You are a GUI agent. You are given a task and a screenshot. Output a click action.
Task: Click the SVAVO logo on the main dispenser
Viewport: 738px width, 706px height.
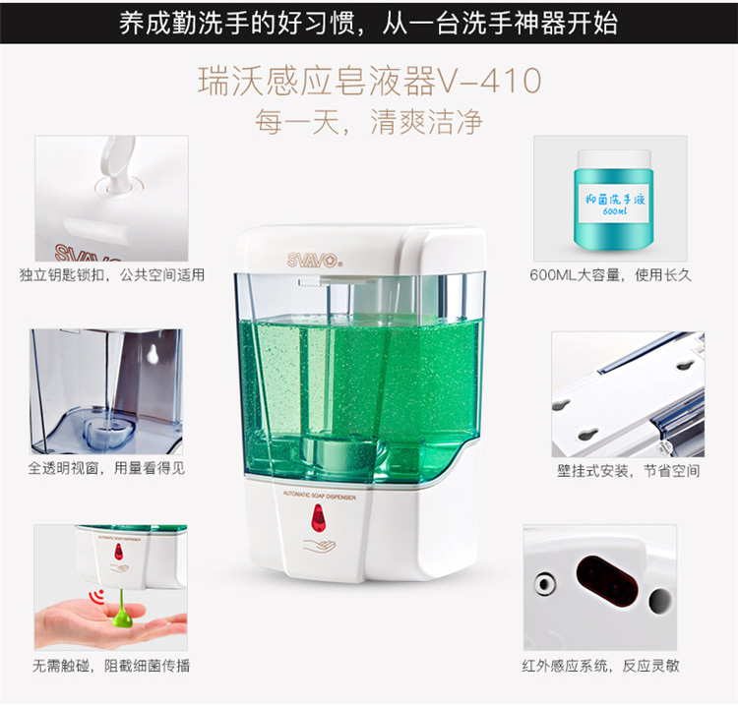pos(313,260)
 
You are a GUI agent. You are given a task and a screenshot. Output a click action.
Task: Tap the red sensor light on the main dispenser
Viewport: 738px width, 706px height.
pos(318,518)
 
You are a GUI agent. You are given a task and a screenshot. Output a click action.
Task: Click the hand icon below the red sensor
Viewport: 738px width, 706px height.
pos(319,546)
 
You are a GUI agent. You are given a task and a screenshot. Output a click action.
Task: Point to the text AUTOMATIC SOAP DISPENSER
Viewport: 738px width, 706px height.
pos(320,495)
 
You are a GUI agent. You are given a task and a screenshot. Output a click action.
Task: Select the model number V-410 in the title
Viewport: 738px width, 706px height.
pos(489,81)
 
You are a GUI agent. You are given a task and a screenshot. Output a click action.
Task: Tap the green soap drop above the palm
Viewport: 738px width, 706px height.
pos(122,609)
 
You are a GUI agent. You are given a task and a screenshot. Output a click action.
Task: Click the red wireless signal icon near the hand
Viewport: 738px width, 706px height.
pos(97,597)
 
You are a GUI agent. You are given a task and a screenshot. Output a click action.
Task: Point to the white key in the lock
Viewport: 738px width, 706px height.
pos(116,165)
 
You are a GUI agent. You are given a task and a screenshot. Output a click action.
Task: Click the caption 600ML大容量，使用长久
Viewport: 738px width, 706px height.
pos(610,275)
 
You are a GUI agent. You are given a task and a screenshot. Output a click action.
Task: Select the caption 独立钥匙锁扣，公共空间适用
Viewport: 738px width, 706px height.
pos(112,275)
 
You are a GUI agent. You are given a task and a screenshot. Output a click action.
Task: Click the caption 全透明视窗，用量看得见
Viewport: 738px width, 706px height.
pos(106,468)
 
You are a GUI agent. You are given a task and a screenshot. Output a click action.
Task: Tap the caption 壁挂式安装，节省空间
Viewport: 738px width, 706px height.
pos(629,470)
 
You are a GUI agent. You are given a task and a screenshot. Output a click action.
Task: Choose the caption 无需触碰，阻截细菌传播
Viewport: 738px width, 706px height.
pos(111,666)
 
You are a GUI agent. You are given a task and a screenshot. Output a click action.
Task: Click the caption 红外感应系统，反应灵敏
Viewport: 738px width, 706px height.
pos(600,666)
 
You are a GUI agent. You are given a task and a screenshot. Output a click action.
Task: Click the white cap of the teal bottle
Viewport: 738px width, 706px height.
pos(614,159)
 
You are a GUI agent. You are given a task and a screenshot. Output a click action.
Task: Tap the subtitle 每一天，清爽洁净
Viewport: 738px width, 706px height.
pos(369,122)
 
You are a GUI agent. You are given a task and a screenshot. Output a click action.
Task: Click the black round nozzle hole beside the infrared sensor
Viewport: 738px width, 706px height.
pos(660,601)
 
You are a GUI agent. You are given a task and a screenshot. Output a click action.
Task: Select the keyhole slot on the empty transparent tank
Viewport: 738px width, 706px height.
pos(153,354)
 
